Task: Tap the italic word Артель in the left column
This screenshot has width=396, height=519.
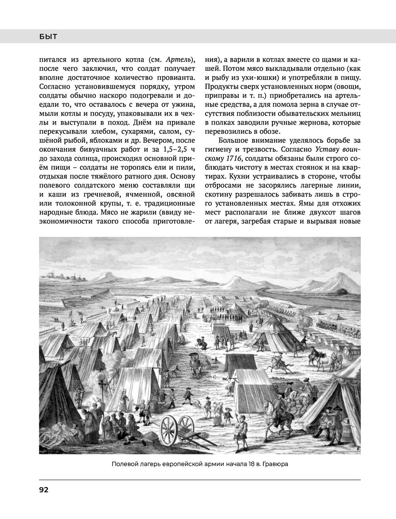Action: click(178, 60)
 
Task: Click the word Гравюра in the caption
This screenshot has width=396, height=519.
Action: click(275, 464)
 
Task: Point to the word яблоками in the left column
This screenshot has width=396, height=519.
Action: click(102, 141)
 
